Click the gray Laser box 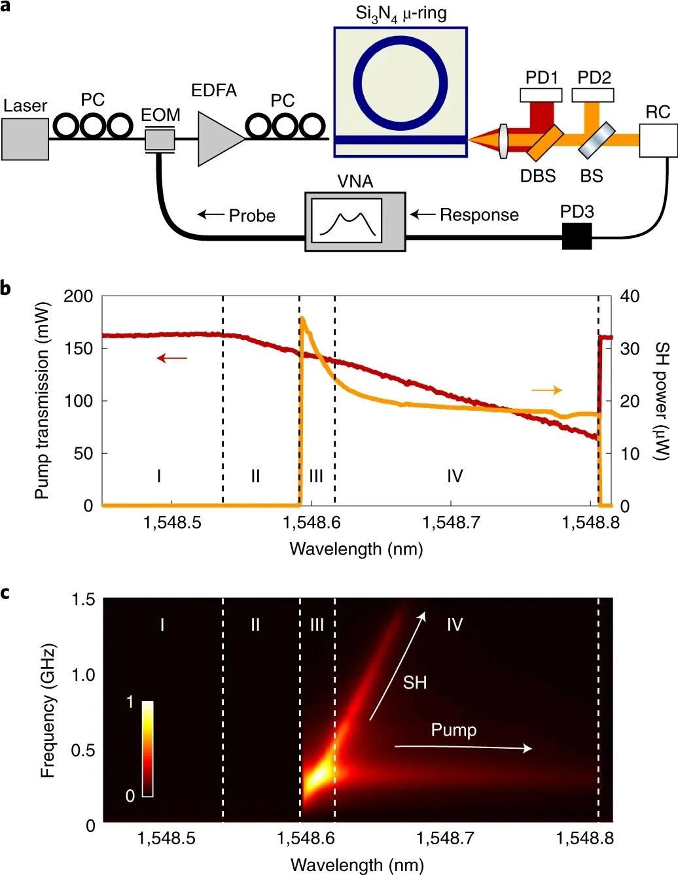pyautogui.click(x=25, y=139)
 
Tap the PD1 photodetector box pyautogui.click(x=541, y=95)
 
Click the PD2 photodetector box pyautogui.click(x=593, y=95)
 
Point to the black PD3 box pyautogui.click(x=577, y=236)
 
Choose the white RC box pyautogui.click(x=658, y=139)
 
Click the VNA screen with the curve pyautogui.click(x=346, y=220)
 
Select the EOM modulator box pyautogui.click(x=160, y=139)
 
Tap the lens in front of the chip pyautogui.click(x=503, y=139)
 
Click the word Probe pyautogui.click(x=252, y=215)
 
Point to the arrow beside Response pyautogui.click(x=422, y=214)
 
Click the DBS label pyautogui.click(x=538, y=176)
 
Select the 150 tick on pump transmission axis pyautogui.click(x=83, y=349)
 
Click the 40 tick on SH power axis pyautogui.click(x=630, y=296)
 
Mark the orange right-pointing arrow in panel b pyautogui.click(x=546, y=390)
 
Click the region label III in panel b pyautogui.click(x=316, y=475)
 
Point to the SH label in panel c pyautogui.click(x=415, y=683)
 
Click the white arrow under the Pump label pyautogui.click(x=463, y=747)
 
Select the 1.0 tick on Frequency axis pyautogui.click(x=83, y=675)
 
